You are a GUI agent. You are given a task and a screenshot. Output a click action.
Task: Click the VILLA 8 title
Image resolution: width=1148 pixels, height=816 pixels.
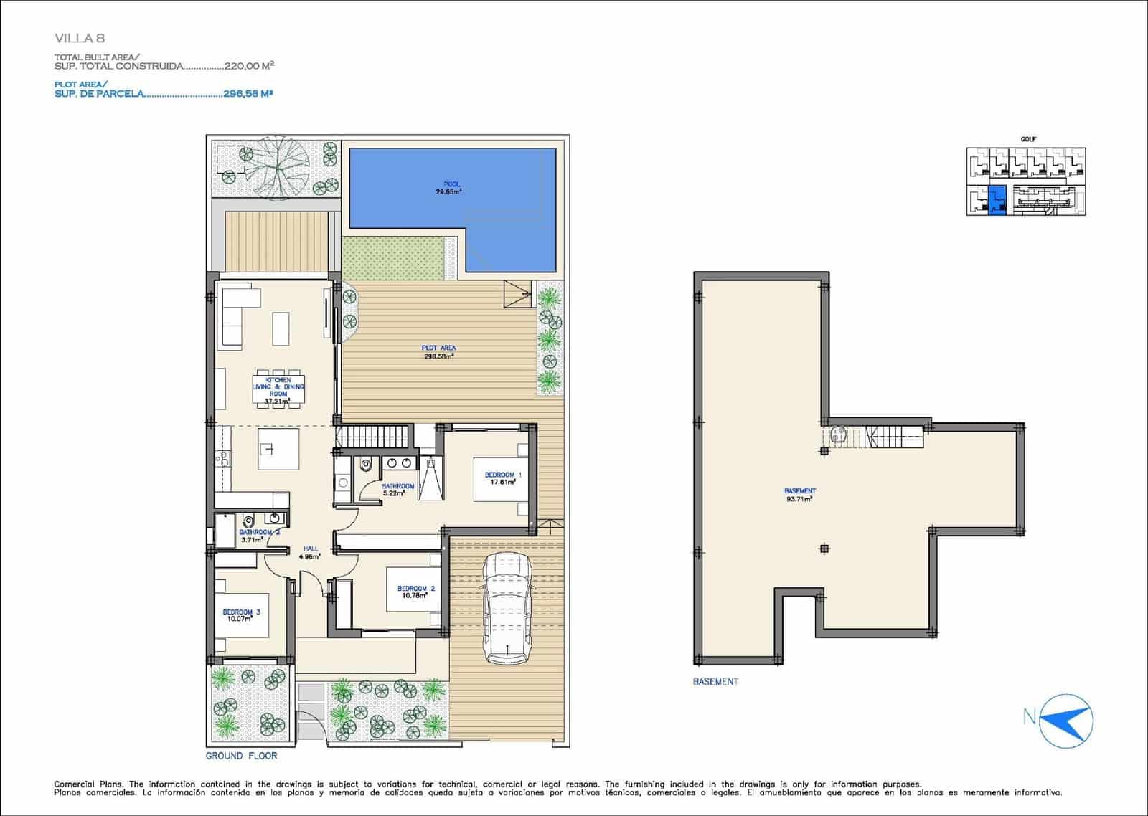[x=79, y=38]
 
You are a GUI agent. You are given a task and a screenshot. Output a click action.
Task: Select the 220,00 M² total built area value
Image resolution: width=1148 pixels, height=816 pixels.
[x=249, y=65]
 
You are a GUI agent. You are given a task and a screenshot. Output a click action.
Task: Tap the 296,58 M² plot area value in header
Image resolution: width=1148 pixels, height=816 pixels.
[x=248, y=93]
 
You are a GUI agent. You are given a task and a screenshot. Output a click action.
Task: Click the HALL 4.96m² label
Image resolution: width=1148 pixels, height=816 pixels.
[x=311, y=551]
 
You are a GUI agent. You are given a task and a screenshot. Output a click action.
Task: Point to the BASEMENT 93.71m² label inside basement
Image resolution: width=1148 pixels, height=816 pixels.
[x=800, y=495]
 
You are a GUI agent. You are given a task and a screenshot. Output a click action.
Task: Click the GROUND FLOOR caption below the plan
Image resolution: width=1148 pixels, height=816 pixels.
[x=241, y=756]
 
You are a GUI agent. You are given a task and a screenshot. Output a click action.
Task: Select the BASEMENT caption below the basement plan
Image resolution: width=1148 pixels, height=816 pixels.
[x=715, y=681]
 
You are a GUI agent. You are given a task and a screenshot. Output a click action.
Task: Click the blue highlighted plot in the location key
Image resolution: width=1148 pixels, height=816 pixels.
[x=997, y=200]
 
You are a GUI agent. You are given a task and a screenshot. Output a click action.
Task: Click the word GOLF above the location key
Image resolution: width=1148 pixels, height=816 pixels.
[x=1028, y=139]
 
